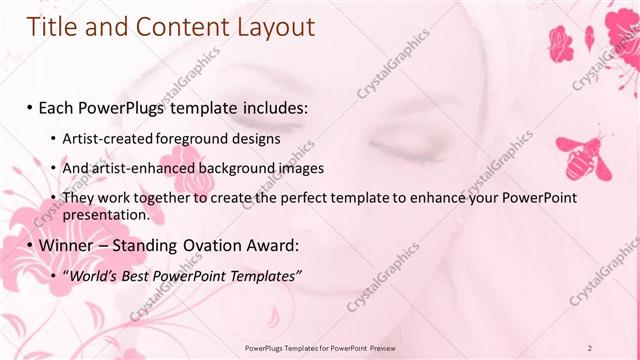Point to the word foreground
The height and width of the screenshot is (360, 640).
tap(185, 137)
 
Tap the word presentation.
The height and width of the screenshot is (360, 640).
tap(106, 214)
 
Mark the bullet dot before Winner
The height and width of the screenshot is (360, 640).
tap(30, 245)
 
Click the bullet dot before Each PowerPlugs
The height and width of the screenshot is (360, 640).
tap(30, 107)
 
